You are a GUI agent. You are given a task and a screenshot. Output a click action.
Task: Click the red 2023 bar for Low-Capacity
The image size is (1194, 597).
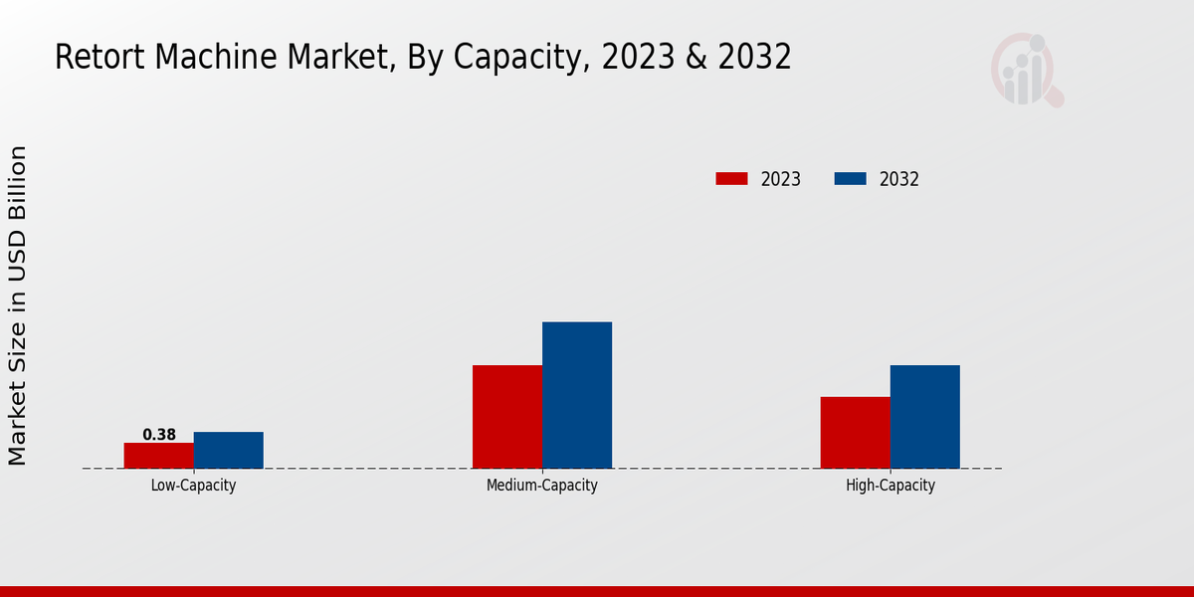click(x=159, y=456)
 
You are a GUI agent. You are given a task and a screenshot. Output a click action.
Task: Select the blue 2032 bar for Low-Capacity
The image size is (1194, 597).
click(x=229, y=450)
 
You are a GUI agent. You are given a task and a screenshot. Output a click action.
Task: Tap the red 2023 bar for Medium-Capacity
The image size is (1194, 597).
click(x=507, y=417)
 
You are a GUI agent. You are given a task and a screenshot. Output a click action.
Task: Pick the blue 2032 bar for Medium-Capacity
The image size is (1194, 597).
click(x=577, y=395)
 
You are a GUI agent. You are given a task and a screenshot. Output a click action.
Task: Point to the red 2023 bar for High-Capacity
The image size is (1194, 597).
click(x=856, y=433)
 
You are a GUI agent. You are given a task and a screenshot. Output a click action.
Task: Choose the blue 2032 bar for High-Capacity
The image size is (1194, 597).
click(x=925, y=417)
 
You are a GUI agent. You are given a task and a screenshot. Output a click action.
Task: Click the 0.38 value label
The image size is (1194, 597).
click(x=159, y=435)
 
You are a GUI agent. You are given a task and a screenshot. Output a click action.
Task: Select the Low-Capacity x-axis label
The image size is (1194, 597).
click(x=194, y=486)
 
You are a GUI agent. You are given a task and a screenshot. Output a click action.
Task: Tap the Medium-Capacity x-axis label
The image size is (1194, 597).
click(x=542, y=486)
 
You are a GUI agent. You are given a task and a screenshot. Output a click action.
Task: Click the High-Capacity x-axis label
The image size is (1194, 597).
click(x=891, y=486)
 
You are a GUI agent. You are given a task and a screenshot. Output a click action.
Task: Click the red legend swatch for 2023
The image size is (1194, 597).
click(x=731, y=179)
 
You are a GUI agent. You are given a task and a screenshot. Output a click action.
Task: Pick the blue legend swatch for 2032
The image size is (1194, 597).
click(x=850, y=179)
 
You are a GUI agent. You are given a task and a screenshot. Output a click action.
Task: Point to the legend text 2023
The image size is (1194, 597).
click(x=781, y=180)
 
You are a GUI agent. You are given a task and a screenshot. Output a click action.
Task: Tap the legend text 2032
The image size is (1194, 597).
click(x=899, y=180)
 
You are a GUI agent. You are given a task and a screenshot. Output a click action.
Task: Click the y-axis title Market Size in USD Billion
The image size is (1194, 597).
click(x=18, y=304)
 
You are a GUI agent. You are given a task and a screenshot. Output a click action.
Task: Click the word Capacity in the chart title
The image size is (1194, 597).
click(x=518, y=58)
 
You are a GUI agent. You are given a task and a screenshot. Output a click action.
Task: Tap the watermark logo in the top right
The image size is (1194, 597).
click(x=1026, y=70)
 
